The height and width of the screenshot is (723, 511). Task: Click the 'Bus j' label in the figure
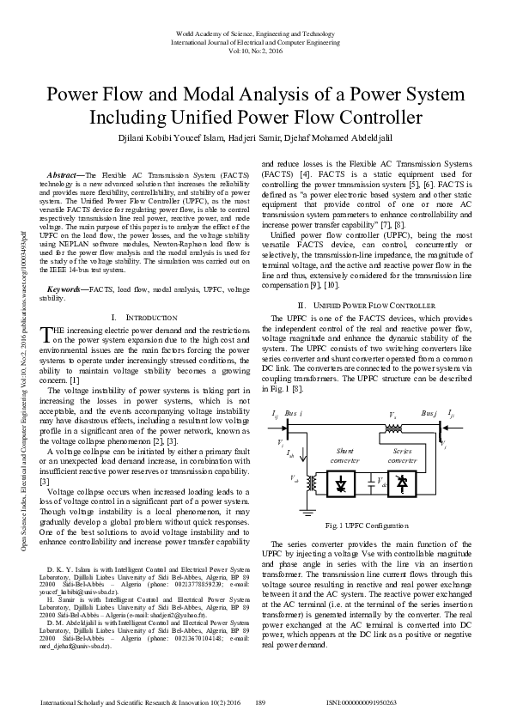point(429,414)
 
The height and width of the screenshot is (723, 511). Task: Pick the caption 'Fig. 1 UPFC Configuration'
point(367,526)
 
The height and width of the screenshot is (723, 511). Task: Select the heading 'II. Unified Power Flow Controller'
point(367,306)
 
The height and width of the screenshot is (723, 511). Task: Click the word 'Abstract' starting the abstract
point(62,174)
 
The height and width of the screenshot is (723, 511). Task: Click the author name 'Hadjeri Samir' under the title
point(255,137)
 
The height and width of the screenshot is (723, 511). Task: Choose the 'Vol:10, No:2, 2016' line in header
point(255,51)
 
